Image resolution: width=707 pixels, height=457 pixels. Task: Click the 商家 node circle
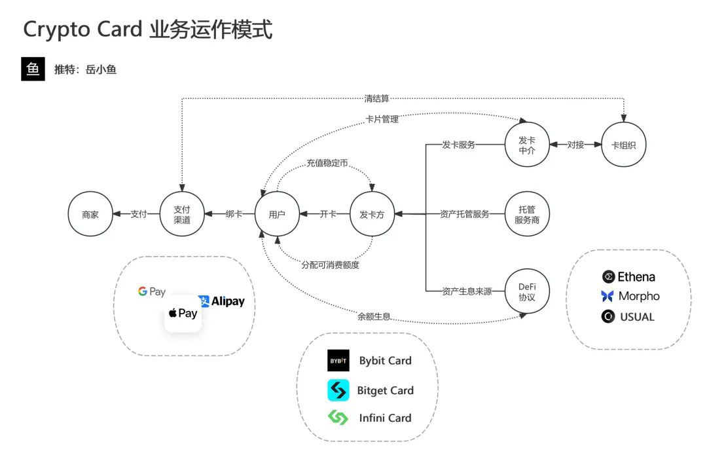(90, 214)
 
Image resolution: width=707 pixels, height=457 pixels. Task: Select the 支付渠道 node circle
(182, 214)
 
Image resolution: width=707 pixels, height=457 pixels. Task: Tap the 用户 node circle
(277, 214)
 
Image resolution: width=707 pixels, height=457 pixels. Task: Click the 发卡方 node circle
(372, 214)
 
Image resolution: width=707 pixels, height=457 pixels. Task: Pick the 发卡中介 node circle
(527, 145)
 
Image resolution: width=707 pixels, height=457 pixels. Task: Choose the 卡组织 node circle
(623, 145)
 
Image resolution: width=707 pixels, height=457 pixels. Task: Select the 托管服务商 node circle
(527, 214)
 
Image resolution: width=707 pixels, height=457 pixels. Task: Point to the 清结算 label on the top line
(376, 99)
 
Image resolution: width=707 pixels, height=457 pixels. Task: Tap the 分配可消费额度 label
(330, 265)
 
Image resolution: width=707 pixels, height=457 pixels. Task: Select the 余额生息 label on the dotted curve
(374, 317)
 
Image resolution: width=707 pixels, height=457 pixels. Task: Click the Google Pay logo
(152, 292)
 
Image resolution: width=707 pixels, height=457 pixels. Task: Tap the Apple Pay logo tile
(183, 314)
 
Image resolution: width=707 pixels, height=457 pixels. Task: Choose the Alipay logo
(222, 301)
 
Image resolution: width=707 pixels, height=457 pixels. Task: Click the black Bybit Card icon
(338, 361)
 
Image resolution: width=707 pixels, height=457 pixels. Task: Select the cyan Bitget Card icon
(338, 390)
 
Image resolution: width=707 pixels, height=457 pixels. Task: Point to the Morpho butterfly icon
(607, 296)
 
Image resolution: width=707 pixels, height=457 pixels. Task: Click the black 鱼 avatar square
(33, 69)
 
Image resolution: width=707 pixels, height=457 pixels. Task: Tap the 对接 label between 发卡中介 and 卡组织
(575, 145)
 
